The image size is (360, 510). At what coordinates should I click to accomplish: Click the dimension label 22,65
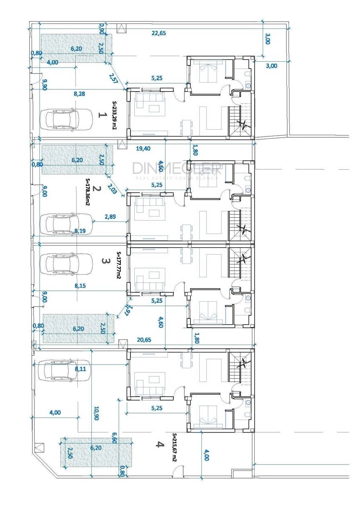(x=159, y=33)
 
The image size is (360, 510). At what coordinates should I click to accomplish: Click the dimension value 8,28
(x=79, y=94)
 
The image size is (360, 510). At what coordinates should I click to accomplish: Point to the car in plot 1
(x=66, y=119)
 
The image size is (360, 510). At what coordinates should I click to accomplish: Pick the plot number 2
(x=97, y=189)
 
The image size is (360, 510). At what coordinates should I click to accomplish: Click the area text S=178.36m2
(x=88, y=192)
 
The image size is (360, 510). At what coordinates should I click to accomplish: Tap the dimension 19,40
(x=143, y=149)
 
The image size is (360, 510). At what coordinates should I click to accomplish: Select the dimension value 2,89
(x=110, y=217)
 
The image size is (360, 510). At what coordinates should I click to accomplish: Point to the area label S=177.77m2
(x=119, y=265)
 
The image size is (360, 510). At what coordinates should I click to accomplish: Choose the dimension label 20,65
(x=144, y=340)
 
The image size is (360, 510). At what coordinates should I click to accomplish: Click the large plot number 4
(x=160, y=444)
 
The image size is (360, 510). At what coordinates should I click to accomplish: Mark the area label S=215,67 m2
(x=175, y=448)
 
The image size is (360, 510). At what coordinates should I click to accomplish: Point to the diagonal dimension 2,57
(x=113, y=78)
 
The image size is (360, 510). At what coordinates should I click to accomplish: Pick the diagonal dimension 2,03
(x=113, y=189)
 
